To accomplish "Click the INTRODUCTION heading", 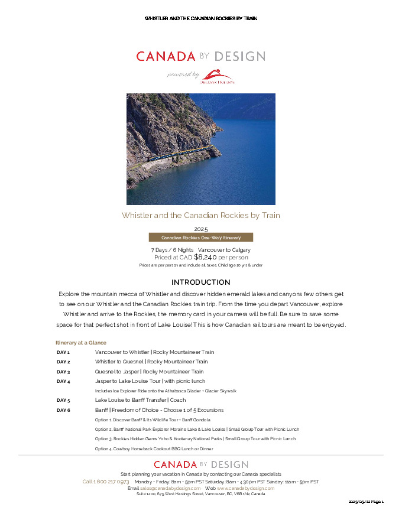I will click(x=200, y=282).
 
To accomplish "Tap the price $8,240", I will click(x=205, y=257).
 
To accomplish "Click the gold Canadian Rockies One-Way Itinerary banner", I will click(x=200, y=238).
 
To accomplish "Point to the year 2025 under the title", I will click(x=200, y=229).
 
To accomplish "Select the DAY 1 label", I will click(x=63, y=352).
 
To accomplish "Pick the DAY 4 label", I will click(x=63, y=381).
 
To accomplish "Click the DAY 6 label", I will click(x=63, y=410).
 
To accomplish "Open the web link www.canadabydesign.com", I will click(x=245, y=488).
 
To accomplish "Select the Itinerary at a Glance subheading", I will click(x=81, y=343).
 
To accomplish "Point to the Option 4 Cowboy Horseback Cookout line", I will click(x=154, y=448).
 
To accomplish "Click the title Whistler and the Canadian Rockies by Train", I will click(x=200, y=215).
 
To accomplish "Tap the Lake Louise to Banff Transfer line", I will click(x=140, y=400).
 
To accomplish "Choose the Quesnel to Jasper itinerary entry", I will click(x=149, y=372).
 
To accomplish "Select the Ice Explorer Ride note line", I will click(x=166, y=391).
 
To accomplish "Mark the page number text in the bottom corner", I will click(x=367, y=502).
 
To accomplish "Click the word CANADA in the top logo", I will click(x=166, y=57).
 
